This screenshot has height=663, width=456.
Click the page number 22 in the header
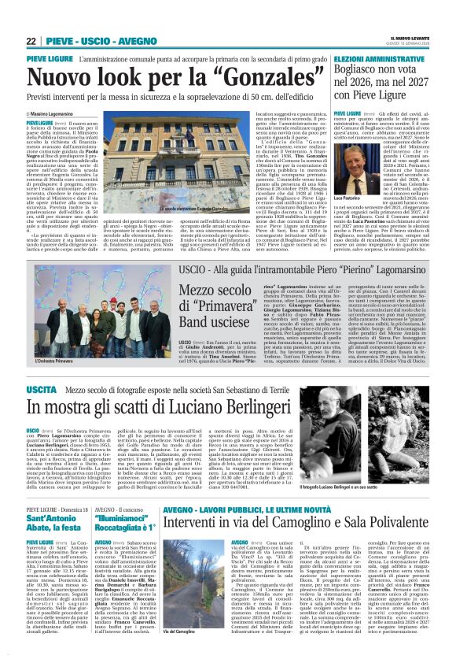pyautogui.click(x=31, y=41)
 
